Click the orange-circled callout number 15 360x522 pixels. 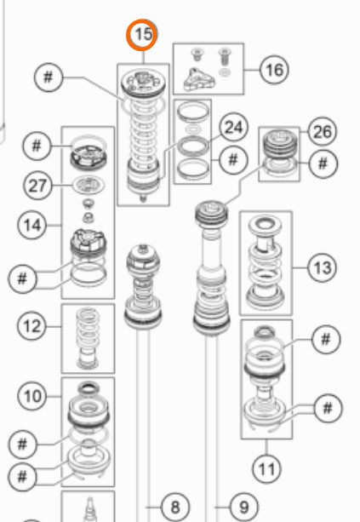coord(142,35)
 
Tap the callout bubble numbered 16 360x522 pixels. coord(274,70)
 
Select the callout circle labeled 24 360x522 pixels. coord(233,128)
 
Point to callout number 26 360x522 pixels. coord(322,132)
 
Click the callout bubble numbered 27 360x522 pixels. coord(37,186)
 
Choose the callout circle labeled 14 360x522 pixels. coord(32,226)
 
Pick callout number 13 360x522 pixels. coord(322,267)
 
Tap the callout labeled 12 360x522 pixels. coord(32,326)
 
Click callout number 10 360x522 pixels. coord(32,397)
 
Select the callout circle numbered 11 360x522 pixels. coord(267,469)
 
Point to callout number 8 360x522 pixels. coord(175,508)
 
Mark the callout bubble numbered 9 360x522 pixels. coord(244,508)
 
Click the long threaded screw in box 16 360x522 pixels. coord(225,57)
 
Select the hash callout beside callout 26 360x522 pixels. coord(323,163)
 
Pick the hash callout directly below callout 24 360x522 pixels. coord(233,159)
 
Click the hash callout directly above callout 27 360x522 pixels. coord(37,146)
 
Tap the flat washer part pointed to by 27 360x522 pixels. coord(89,185)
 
